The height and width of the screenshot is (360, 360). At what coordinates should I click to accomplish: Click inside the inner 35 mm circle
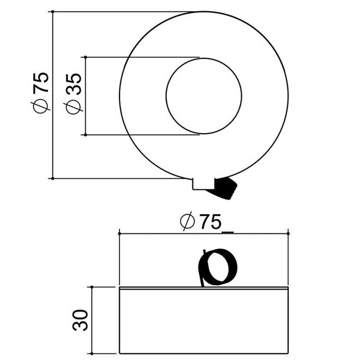point(203,95)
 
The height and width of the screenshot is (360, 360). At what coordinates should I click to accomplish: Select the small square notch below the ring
point(200,184)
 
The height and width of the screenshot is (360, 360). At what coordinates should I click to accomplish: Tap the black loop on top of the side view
point(219,268)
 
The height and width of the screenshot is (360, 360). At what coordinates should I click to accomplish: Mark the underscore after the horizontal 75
point(228,232)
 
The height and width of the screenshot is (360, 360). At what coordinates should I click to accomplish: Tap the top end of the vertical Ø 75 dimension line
point(52,11)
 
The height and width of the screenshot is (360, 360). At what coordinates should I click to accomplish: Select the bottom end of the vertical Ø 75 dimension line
point(52,178)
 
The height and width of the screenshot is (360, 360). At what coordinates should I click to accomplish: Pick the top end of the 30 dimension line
point(92,286)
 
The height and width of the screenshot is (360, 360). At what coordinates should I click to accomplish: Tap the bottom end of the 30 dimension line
point(92,353)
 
